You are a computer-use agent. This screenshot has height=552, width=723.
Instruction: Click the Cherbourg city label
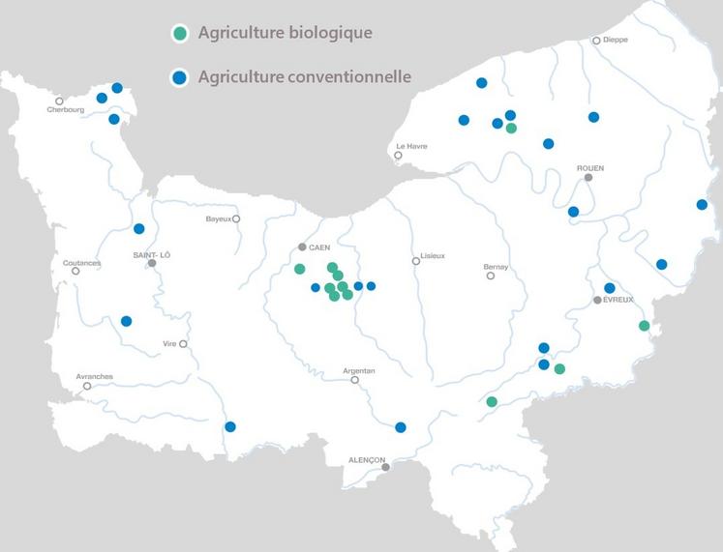coord(66,110)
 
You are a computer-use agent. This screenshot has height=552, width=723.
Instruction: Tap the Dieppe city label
coord(616,40)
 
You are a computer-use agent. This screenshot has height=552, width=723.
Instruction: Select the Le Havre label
coord(412,146)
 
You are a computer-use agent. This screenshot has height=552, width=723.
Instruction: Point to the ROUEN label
coord(590,167)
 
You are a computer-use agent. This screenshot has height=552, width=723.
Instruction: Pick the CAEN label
coord(319,247)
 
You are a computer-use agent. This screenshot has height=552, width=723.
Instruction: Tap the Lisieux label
coord(431,259)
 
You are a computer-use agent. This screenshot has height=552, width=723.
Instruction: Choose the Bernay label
coord(496,267)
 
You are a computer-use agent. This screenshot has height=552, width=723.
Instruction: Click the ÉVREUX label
coord(618,301)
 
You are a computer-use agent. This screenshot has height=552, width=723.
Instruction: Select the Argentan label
coord(359,370)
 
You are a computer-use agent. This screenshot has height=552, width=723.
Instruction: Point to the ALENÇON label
coord(368,459)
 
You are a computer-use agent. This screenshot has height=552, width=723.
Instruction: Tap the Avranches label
coord(95,376)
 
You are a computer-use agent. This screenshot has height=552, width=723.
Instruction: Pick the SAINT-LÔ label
coord(153,254)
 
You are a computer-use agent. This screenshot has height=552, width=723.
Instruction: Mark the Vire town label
coord(169,343)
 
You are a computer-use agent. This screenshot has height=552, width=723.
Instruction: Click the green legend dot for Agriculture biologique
coord(179,34)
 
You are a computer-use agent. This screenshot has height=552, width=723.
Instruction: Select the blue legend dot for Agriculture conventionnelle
coord(179,77)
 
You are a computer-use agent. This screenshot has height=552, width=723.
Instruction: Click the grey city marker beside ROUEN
coord(587,178)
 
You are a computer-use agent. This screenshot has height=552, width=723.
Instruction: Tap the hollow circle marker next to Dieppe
coord(597,41)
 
